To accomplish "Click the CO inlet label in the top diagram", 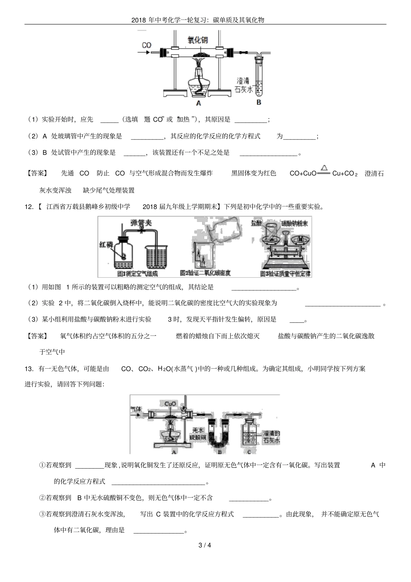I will tap(147, 45).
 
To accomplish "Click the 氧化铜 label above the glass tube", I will tap(197, 40).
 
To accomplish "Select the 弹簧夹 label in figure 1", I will tap(141, 223).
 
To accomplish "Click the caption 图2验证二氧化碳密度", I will tap(205, 273).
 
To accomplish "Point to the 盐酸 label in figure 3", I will tap(257, 223).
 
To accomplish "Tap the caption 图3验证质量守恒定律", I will tap(286, 273).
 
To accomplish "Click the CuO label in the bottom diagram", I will tap(170, 404).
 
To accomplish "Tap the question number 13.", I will tap(29, 369).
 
